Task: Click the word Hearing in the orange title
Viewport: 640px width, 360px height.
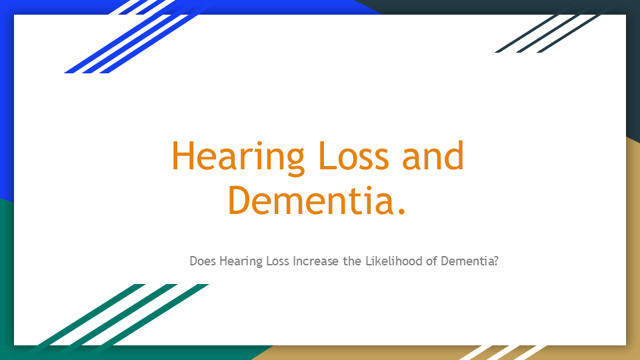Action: (238, 157)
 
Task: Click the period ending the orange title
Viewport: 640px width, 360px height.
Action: (400, 211)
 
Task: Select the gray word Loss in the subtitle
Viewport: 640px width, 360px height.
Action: (277, 261)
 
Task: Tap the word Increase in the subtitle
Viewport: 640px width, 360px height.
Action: (316, 261)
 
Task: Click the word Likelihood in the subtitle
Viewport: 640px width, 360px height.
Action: (393, 261)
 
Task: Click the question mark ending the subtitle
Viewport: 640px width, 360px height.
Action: (496, 261)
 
